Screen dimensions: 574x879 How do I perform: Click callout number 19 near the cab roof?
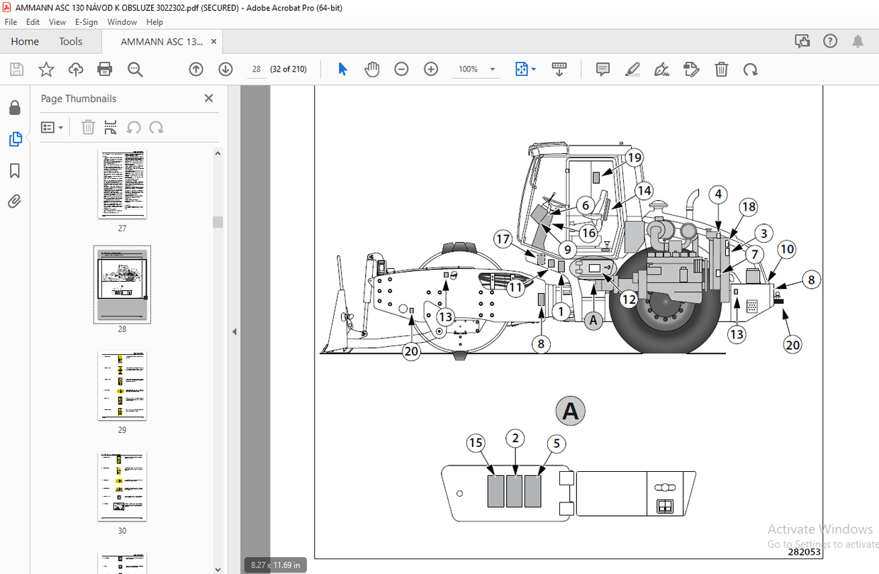[634, 158]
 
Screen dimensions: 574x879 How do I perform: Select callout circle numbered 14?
[643, 190]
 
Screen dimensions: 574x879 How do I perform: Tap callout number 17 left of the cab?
[503, 240]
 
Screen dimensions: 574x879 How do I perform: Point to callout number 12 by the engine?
[629, 299]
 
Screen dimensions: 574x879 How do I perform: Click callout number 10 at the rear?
[786, 249]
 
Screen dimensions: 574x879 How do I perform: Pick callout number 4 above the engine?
[718, 194]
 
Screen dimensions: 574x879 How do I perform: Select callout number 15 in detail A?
[476, 443]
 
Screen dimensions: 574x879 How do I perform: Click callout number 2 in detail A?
[515, 438]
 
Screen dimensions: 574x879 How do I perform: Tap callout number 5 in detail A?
[556, 444]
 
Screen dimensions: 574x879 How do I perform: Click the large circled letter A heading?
[571, 411]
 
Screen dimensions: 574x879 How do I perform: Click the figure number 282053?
[804, 551]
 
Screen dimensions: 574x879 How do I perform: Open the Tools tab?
[71, 41]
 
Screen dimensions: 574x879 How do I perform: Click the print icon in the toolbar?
[105, 69]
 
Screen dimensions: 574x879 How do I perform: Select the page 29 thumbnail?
[122, 385]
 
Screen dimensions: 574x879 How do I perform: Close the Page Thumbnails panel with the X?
[208, 99]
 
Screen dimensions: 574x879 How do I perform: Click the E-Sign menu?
[86, 22]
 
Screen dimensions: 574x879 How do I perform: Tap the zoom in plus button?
[431, 69]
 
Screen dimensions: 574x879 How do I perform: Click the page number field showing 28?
[256, 69]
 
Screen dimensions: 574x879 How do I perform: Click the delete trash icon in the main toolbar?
[721, 69]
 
